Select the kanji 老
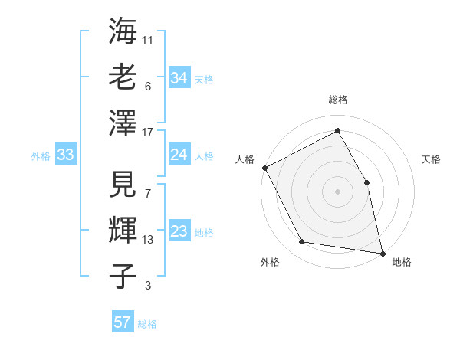pyautogui.click(x=123, y=77)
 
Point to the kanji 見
pyautogui.click(x=123, y=186)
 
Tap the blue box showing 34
pyautogui.click(x=179, y=78)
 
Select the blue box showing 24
pyautogui.click(x=179, y=155)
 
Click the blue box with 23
pyautogui.click(x=179, y=232)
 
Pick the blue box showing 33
pyautogui.click(x=66, y=155)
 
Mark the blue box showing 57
pyautogui.click(x=123, y=322)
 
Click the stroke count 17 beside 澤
pyautogui.click(x=148, y=133)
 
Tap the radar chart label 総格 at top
pyautogui.click(x=337, y=100)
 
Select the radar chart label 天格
pyautogui.click(x=431, y=159)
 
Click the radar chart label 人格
pyautogui.click(x=245, y=159)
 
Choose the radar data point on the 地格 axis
pyautogui.click(x=383, y=252)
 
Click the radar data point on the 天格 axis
pyautogui.click(x=366, y=182)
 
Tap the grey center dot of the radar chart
pyautogui.click(x=337, y=191)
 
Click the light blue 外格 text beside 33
pyautogui.click(x=41, y=156)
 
